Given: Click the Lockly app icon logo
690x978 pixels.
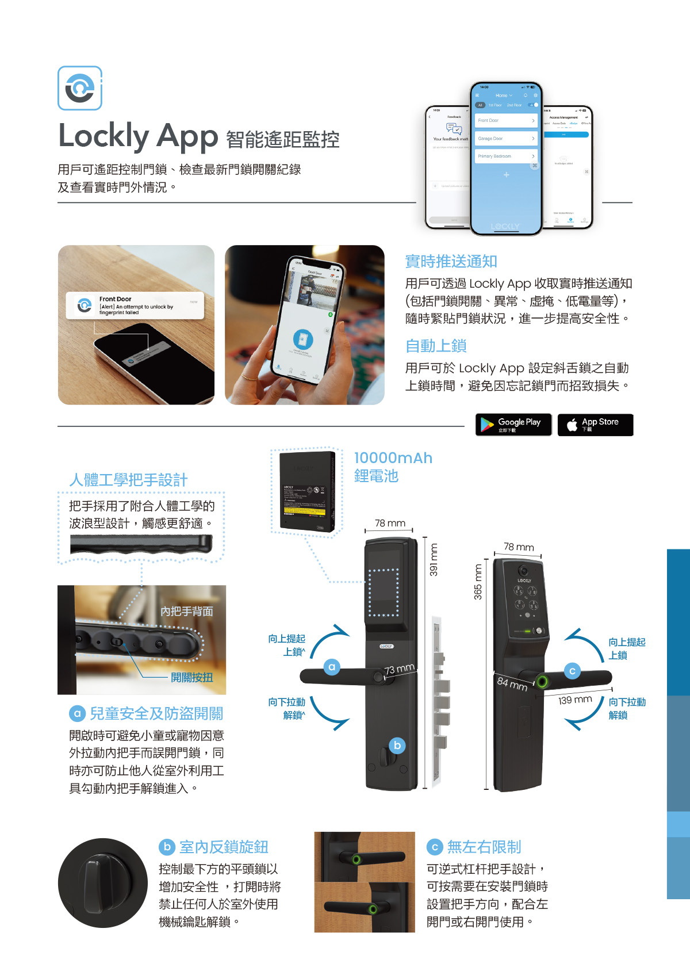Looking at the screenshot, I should pos(80,88).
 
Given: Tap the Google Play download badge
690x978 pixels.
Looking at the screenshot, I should pos(513,425).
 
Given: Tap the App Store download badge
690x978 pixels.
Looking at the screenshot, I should pos(595,425).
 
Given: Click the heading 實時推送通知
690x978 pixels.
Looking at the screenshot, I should pos(451,261).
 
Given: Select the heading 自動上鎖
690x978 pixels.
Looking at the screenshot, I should pos(435,346).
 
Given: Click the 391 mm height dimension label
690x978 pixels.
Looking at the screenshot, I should pos(434,560).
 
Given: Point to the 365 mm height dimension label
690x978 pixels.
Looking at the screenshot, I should pos(477,582).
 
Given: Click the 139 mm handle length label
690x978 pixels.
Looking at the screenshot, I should pos(575,700).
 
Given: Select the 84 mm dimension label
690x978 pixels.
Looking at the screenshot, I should pos(512,683).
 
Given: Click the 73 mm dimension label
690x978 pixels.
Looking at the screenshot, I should pos(399,669).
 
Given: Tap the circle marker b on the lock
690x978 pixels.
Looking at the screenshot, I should pos(397,745).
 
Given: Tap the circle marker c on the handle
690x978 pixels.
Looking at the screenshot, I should pos(572,671).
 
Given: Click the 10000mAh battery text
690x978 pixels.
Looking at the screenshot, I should pos(393,458).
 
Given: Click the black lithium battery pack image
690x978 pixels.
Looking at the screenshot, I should pos(306,491).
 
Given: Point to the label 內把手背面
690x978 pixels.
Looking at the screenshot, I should pos(186,611).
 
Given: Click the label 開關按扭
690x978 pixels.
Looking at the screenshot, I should pos(191,677).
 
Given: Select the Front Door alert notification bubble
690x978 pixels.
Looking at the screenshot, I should pos(135,305).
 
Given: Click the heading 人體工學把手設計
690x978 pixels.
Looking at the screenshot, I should pos(128,480).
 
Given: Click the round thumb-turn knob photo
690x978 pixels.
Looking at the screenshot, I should pos(102,883).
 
